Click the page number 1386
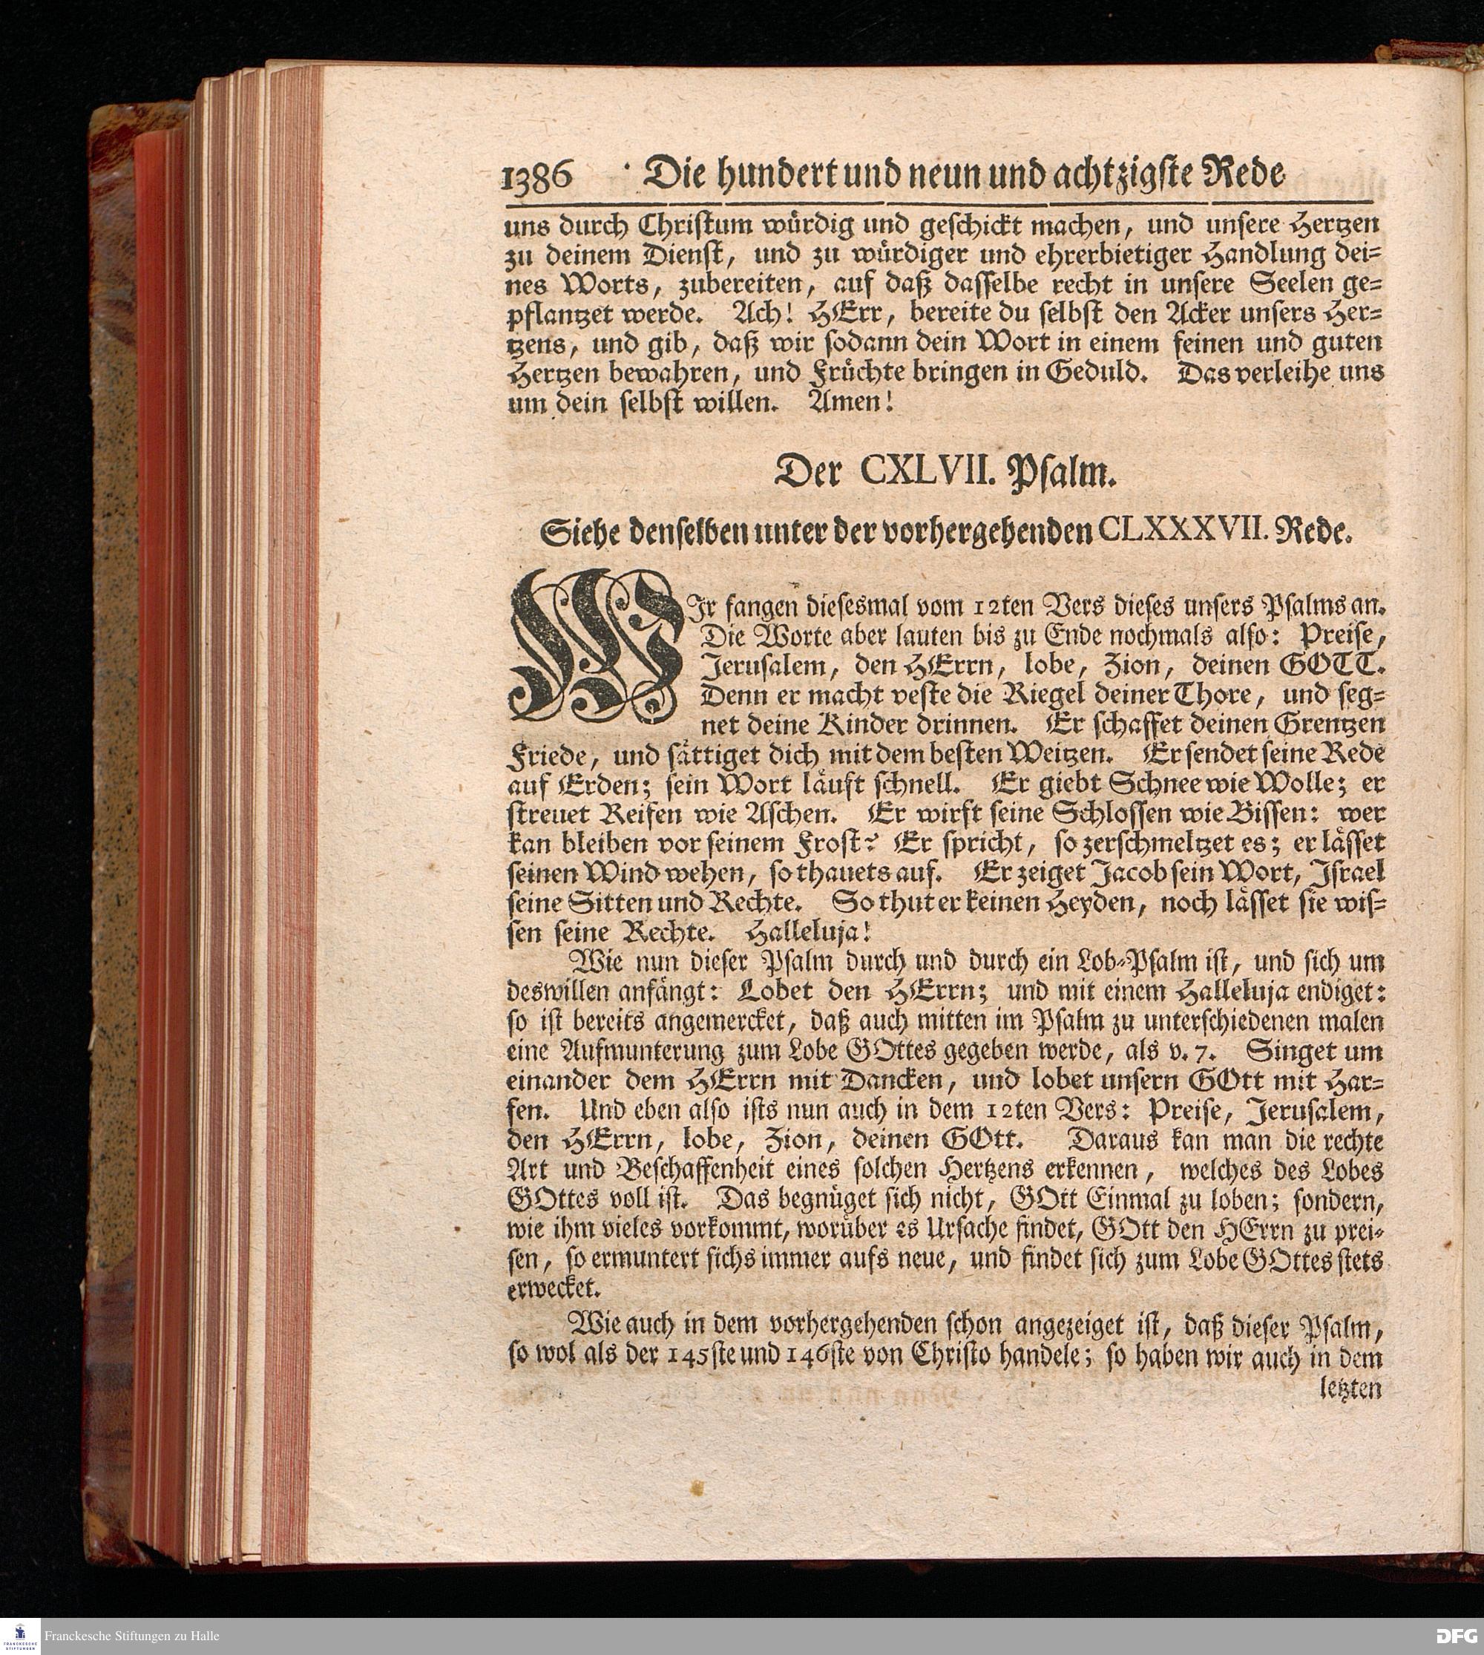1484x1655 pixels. (x=538, y=176)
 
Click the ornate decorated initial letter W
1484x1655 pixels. (x=595, y=644)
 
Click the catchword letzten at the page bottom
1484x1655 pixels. (x=1350, y=1389)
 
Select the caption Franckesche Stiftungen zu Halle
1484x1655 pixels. (x=131, y=1636)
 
